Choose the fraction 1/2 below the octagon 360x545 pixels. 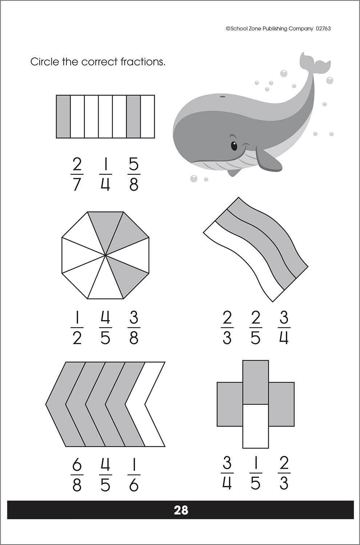coord(76,328)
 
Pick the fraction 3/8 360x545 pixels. coord(134,328)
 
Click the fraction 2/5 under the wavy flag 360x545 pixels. coord(255,328)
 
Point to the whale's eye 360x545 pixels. coord(234,146)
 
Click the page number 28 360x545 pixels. coord(181,510)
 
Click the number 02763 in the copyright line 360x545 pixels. coord(323,28)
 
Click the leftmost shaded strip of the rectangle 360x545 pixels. coord(63,117)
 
